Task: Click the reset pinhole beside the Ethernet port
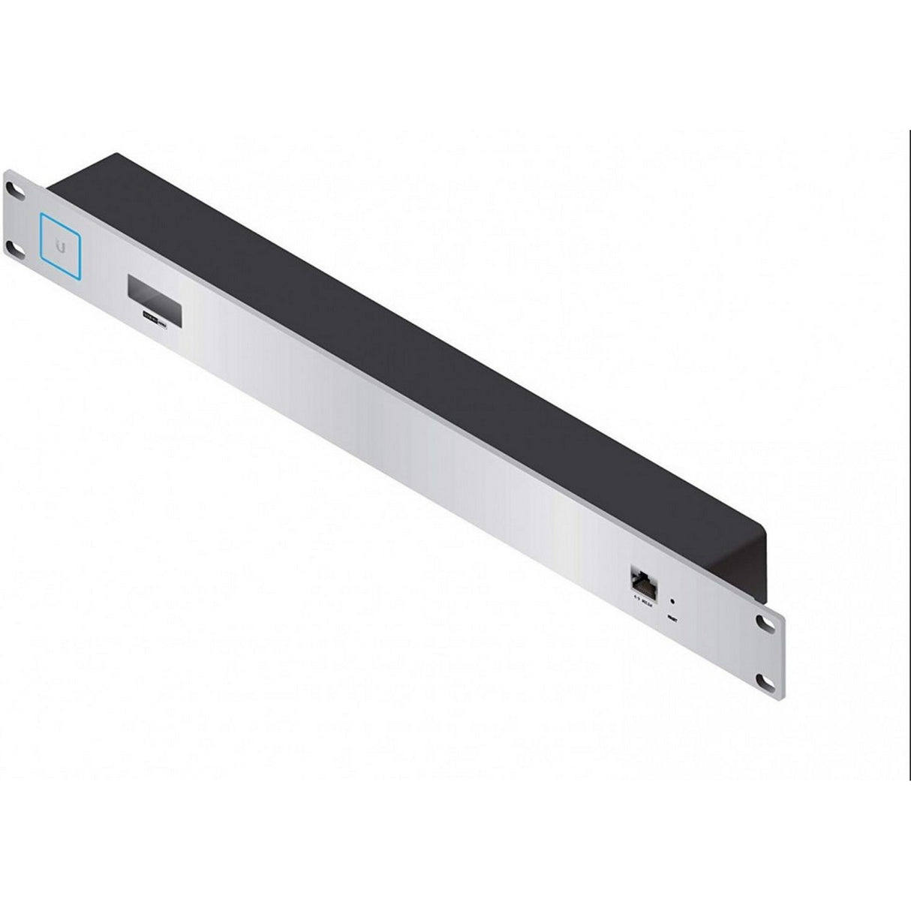pyautogui.click(x=672, y=601)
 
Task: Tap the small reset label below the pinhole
pyautogui.click(x=672, y=617)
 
